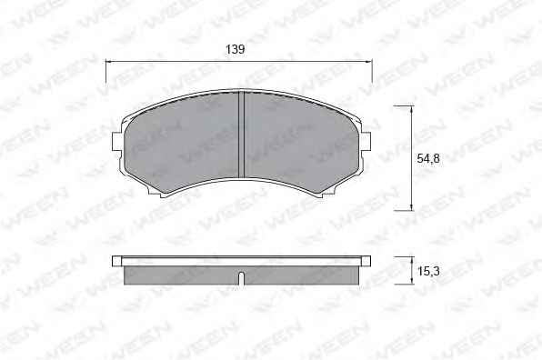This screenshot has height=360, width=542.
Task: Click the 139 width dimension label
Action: click(x=235, y=49)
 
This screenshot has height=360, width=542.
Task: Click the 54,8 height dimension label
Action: click(x=428, y=158)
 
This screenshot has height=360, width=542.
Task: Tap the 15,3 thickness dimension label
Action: click(x=428, y=271)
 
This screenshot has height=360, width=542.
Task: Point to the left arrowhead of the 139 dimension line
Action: click(x=109, y=62)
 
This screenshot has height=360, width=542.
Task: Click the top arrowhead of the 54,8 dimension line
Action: click(x=411, y=109)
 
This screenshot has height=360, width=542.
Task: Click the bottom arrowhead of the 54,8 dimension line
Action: click(x=411, y=206)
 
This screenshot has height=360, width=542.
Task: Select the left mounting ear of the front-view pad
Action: click(x=116, y=142)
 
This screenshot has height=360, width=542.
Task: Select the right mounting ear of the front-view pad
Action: click(x=366, y=142)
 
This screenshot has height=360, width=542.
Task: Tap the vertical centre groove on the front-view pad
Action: click(x=242, y=134)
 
